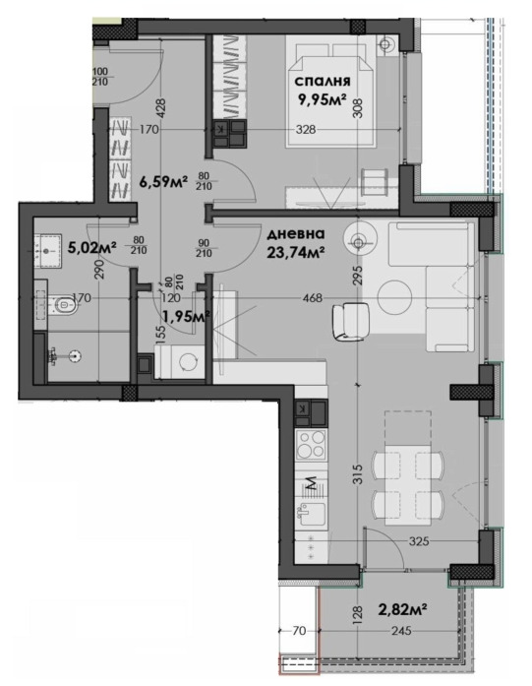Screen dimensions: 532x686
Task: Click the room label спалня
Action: point(323,82)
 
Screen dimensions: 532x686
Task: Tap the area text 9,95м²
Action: point(322,100)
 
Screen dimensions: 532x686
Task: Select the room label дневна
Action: point(296,234)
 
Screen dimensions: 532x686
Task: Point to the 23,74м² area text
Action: point(296,252)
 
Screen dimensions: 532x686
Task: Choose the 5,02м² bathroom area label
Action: point(91,248)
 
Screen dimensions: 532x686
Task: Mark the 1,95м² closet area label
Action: point(186,315)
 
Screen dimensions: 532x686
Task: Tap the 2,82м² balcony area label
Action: point(402,608)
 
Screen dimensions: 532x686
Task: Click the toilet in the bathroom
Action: point(63,304)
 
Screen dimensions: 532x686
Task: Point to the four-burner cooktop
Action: point(312,444)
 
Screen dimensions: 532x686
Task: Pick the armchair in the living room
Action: point(351,322)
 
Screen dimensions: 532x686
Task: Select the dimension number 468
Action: point(313,298)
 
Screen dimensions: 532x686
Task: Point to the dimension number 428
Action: point(161,107)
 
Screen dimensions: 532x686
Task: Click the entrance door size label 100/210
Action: point(100,76)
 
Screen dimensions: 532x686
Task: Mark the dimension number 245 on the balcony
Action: point(401,631)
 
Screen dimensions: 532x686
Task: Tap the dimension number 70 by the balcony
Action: point(300,631)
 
